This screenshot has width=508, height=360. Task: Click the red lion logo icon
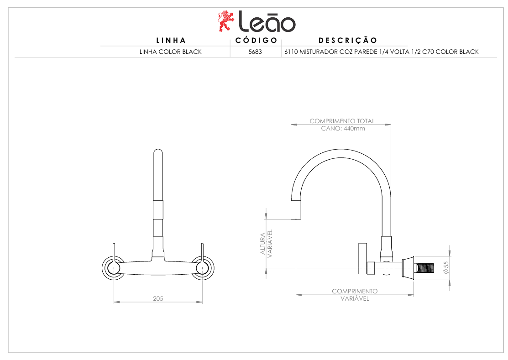(225, 21)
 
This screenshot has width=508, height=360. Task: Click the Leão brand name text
(267, 22)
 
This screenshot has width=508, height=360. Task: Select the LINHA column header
(171, 40)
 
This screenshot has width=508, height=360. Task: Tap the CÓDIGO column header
(256, 40)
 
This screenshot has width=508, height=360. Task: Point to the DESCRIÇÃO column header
(348, 40)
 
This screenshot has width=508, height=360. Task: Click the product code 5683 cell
(255, 52)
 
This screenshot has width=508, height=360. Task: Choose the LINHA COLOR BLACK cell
(170, 52)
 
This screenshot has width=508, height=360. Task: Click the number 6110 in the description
(291, 52)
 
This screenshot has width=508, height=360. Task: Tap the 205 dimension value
(158, 298)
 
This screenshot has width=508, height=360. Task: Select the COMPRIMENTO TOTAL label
(342, 121)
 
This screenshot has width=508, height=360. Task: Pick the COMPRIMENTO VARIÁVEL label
(355, 295)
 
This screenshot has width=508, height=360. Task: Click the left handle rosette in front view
(114, 268)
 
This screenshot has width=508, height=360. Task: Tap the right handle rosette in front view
(203, 268)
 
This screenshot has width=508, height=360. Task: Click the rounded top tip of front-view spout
(158, 151)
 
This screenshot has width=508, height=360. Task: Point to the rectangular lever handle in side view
(362, 258)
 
